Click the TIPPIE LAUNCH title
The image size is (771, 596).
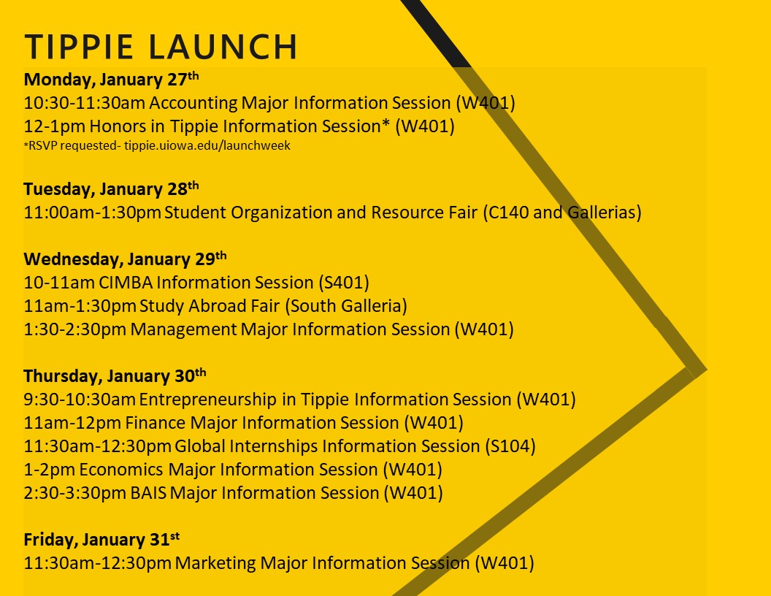161,47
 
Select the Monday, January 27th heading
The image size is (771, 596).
111,79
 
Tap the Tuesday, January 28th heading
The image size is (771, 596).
111,189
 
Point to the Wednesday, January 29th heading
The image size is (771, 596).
125,259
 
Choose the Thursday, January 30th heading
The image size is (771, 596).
115,375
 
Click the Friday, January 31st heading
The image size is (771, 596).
101,540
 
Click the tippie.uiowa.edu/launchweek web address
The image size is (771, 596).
207,145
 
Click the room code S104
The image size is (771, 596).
510,446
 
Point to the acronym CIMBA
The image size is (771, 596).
126,283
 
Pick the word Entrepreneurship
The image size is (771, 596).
207,400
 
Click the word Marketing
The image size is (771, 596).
215,563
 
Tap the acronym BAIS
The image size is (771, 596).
148,493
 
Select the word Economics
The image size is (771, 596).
121,470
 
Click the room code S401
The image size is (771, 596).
344,283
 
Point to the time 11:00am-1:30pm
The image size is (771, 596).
93,213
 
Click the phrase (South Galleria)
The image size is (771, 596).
346,306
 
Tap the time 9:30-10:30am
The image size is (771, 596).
80,400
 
